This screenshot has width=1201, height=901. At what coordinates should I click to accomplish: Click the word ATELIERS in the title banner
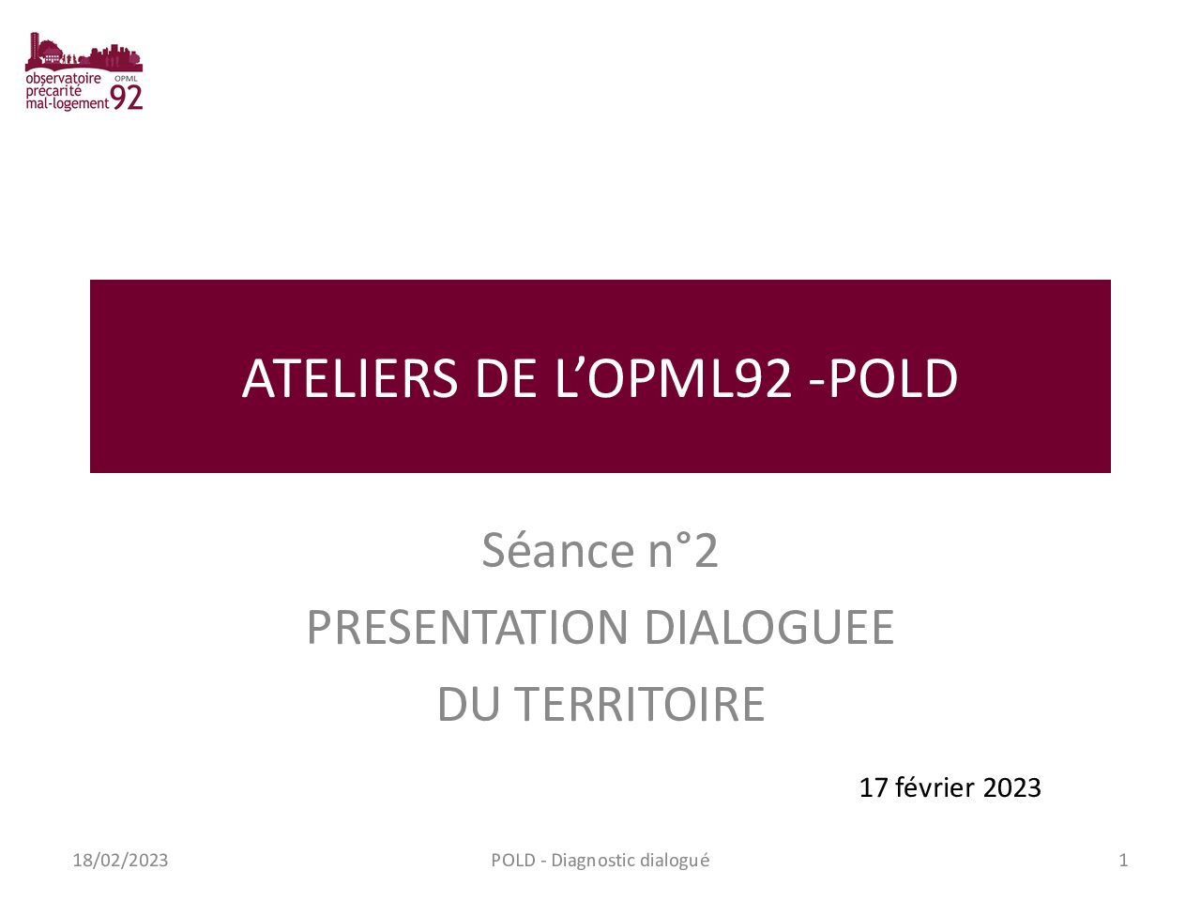point(350,378)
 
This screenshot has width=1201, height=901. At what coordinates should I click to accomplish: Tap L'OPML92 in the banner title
point(673,378)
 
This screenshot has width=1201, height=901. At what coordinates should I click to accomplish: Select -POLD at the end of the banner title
point(883,378)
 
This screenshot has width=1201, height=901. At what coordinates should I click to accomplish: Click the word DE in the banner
point(506,378)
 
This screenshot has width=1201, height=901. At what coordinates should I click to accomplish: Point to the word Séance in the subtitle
point(557,550)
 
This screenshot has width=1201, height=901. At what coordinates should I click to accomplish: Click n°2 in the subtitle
point(683,550)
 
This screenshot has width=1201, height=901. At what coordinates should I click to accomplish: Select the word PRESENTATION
point(467,627)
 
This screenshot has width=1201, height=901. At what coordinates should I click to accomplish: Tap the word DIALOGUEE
point(769,627)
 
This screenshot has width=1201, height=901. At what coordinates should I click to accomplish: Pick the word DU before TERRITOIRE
point(469,704)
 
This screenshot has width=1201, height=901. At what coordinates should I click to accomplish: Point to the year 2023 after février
point(1011,787)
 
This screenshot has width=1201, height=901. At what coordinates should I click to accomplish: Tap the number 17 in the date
point(874,787)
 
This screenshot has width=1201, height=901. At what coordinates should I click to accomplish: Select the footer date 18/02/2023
point(120,860)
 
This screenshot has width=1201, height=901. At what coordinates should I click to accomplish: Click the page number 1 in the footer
point(1123,860)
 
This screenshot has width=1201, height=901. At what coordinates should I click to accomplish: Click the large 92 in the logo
point(127,98)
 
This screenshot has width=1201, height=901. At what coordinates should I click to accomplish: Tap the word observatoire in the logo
point(64,78)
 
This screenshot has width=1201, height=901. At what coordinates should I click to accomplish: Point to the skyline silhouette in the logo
point(84,52)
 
